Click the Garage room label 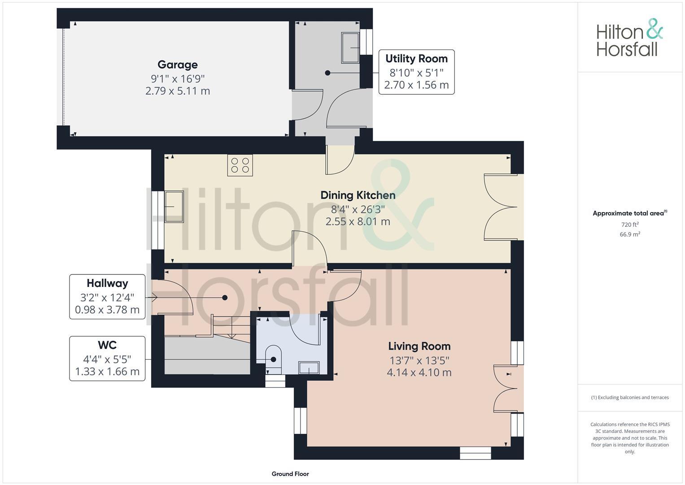[178, 65]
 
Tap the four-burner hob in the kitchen [240, 164]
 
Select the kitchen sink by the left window [174, 207]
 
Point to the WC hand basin [309, 368]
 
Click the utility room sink [351, 48]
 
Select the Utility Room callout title [416, 58]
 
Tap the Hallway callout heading [107, 283]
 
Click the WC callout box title [107, 345]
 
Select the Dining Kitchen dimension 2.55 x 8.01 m [358, 221]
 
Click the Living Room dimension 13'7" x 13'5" [419, 360]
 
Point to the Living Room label [419, 346]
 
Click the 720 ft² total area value [629, 225]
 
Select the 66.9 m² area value [629, 234]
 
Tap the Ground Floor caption [290, 474]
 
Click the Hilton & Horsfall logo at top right [629, 38]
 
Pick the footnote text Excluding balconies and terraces [630, 397]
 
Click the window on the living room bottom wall [476, 453]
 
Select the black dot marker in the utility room [327, 73]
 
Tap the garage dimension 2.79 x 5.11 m [178, 91]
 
